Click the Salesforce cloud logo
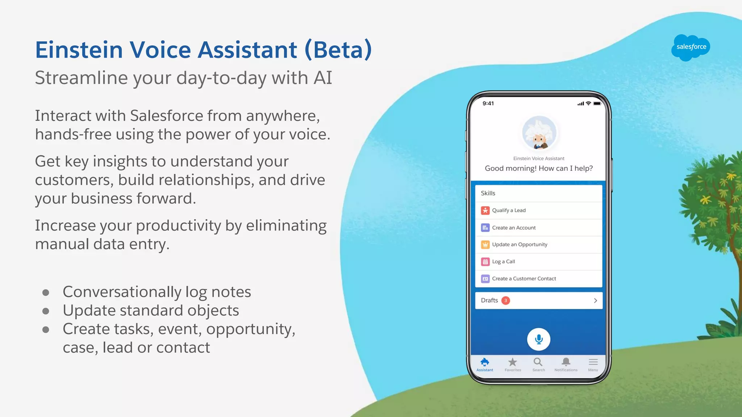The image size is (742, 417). tap(691, 47)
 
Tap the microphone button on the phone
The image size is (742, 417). tap(538, 339)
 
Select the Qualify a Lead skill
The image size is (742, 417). tap(509, 210)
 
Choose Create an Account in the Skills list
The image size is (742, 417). tap(513, 228)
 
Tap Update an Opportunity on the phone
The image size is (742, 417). tap(519, 245)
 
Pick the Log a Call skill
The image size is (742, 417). tap(503, 262)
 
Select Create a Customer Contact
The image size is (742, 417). tap(524, 279)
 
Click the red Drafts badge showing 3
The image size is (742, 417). tap(506, 300)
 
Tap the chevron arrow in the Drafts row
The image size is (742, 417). tap(595, 300)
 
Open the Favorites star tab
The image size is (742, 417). tap(513, 364)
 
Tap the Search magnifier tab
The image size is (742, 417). tap(538, 364)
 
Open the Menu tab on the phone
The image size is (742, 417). tap(593, 364)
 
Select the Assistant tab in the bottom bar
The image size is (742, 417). tap(485, 364)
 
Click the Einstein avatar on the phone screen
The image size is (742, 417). tap(539, 133)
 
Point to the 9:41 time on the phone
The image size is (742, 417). tap(488, 104)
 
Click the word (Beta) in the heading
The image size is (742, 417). tap(338, 50)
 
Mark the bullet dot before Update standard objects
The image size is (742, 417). tap(46, 311)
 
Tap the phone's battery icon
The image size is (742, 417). tap(597, 104)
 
